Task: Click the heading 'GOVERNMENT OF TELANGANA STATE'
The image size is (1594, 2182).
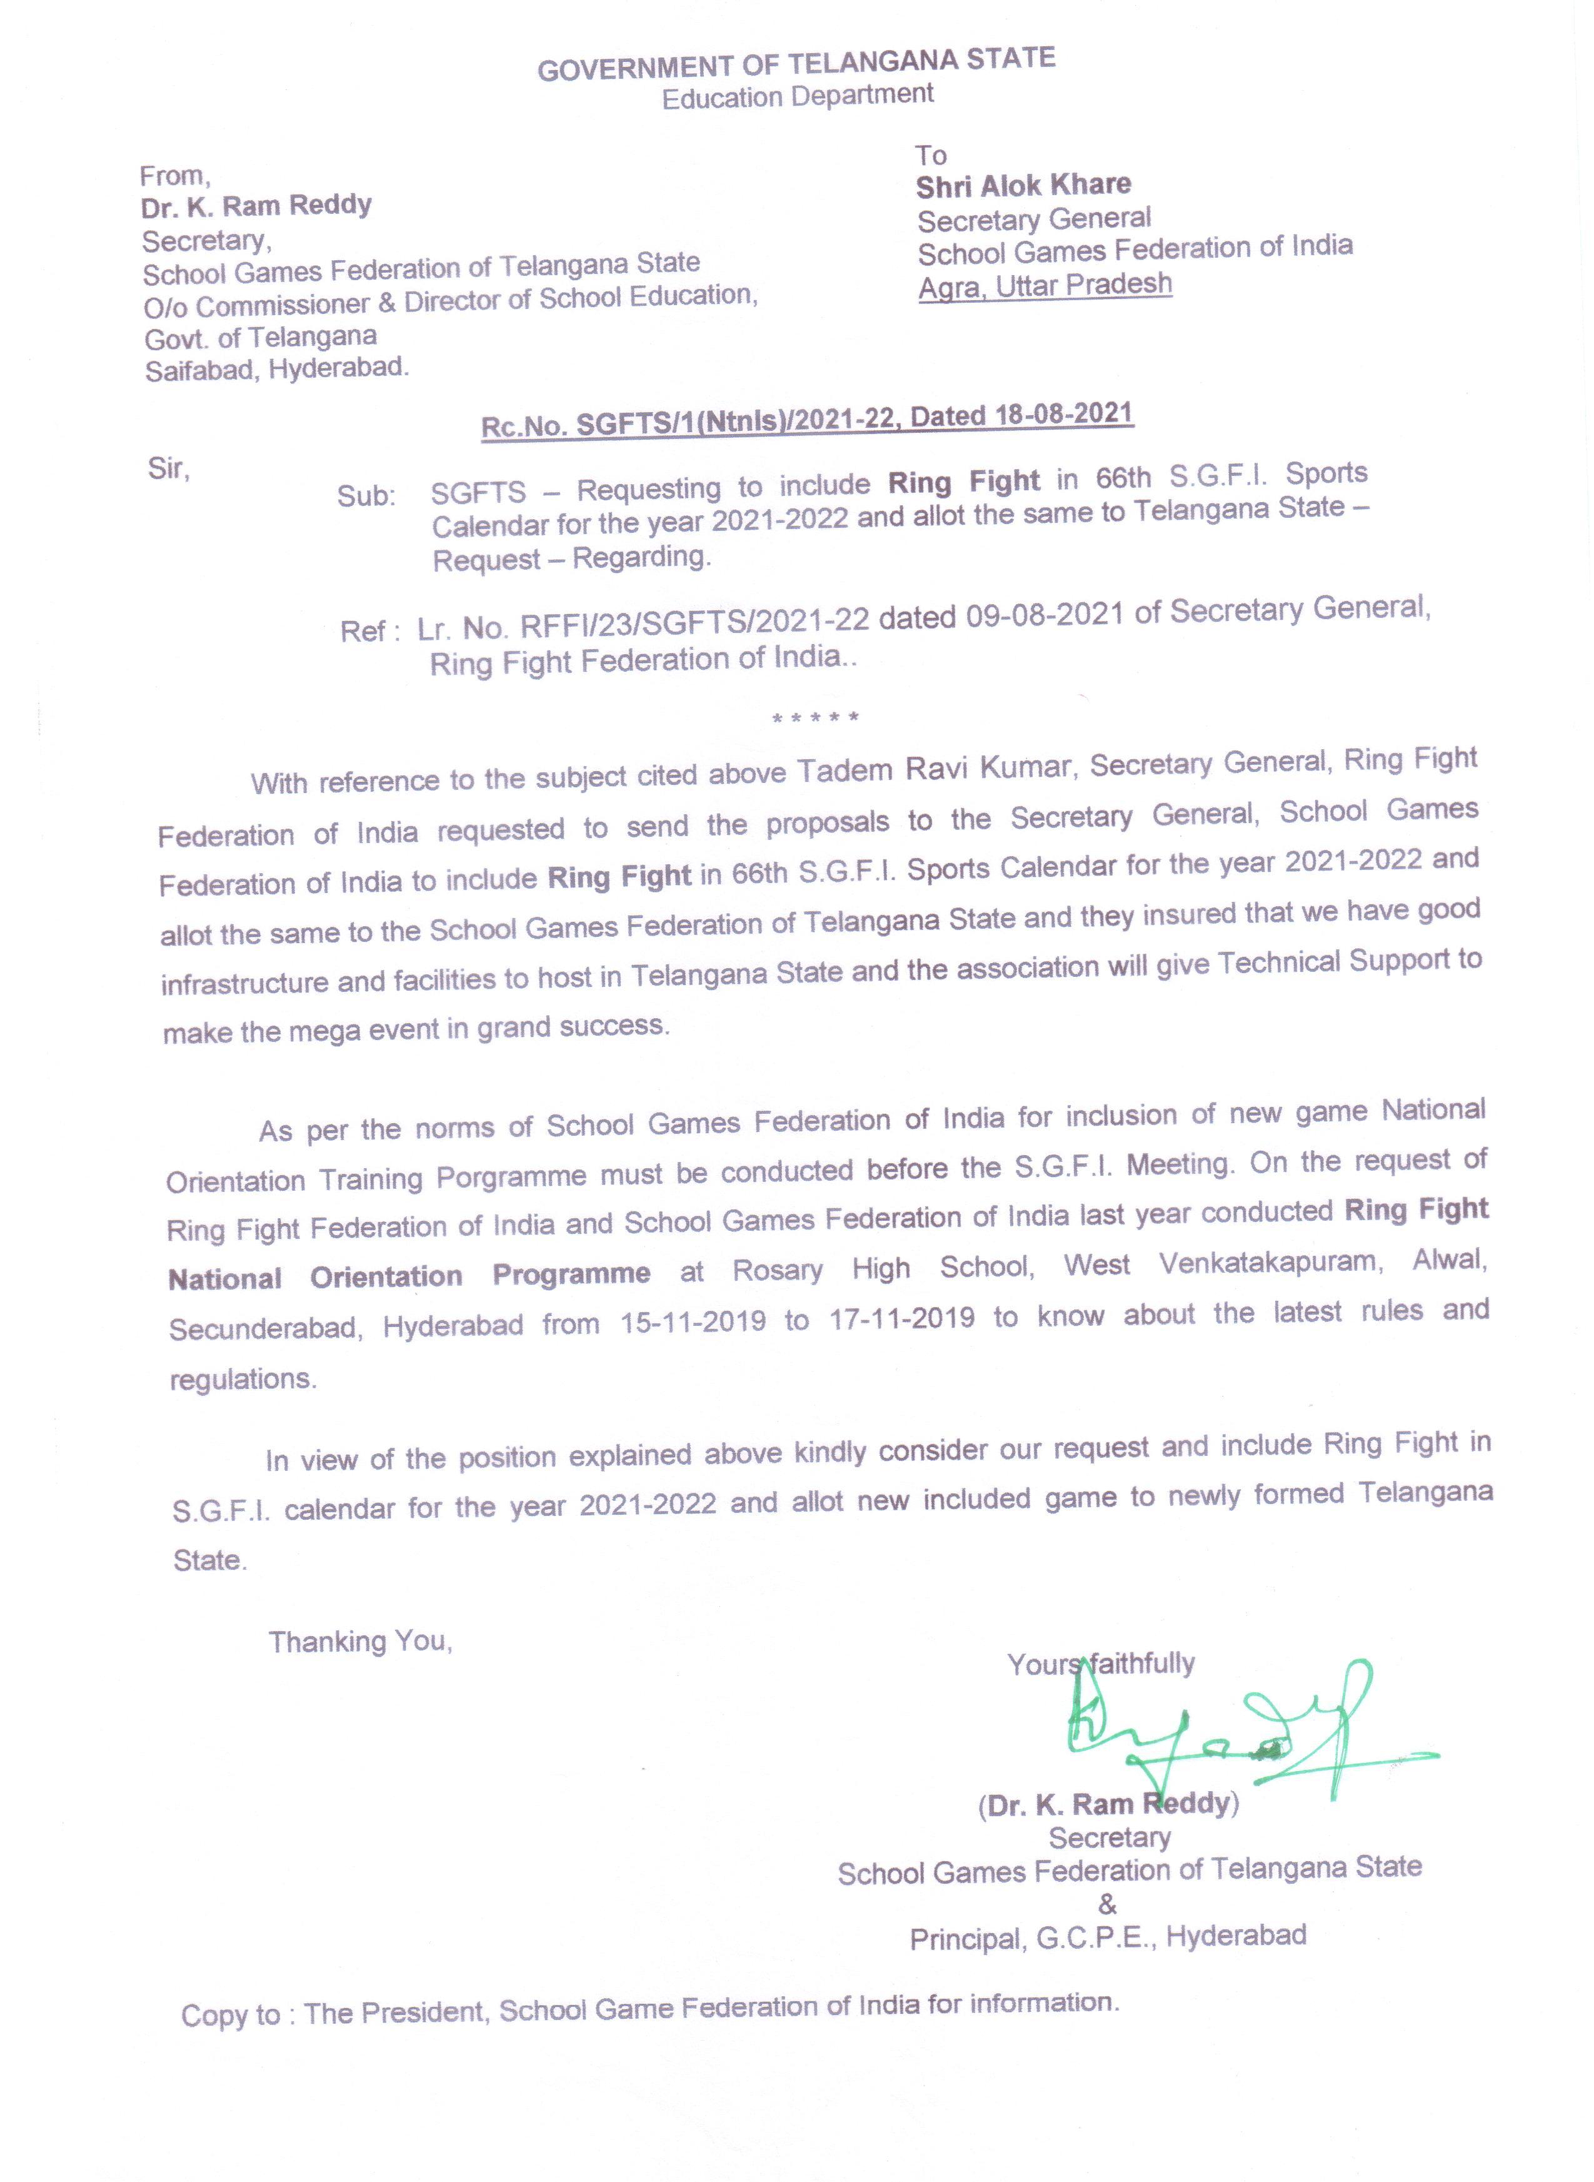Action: pyautogui.click(x=796, y=64)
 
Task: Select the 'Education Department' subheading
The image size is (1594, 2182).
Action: pyautogui.click(x=797, y=96)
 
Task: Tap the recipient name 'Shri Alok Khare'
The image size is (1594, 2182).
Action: pyautogui.click(x=1023, y=185)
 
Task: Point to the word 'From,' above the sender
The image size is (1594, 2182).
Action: pyautogui.click(x=174, y=176)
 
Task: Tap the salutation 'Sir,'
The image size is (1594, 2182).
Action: pyautogui.click(x=169, y=469)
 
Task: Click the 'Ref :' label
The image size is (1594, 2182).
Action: pyautogui.click(x=369, y=631)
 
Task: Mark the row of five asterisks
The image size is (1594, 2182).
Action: pyautogui.click(x=815, y=718)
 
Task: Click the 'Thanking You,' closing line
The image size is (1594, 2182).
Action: pyautogui.click(x=360, y=1642)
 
